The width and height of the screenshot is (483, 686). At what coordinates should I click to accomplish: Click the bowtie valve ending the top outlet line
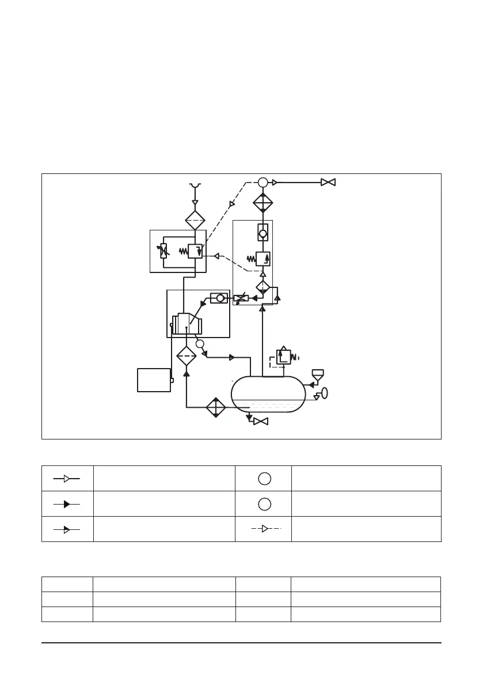click(x=328, y=183)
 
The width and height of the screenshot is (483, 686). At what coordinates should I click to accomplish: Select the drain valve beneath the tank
click(x=261, y=422)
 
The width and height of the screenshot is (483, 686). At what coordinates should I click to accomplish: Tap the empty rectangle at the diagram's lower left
click(x=154, y=380)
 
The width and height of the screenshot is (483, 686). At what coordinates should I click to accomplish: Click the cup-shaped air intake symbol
click(x=195, y=185)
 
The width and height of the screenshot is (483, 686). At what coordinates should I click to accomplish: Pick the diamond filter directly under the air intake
click(x=195, y=220)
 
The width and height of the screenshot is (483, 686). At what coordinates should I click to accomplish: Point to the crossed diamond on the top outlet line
click(x=263, y=203)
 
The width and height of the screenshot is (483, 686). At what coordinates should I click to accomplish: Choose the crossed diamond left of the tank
click(x=216, y=407)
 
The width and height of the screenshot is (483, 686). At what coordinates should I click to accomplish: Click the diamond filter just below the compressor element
click(x=186, y=357)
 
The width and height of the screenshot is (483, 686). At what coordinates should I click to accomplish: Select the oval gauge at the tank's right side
click(x=324, y=393)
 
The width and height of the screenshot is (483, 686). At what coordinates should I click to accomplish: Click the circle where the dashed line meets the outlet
click(x=263, y=183)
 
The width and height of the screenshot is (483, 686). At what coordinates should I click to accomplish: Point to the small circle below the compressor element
click(x=200, y=344)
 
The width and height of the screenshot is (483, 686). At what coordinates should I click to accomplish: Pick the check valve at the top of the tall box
click(x=263, y=233)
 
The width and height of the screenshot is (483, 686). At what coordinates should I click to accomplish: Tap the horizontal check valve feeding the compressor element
click(x=219, y=298)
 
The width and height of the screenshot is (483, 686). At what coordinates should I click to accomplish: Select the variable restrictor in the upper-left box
click(x=163, y=251)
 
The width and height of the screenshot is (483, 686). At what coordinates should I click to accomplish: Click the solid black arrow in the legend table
click(x=67, y=503)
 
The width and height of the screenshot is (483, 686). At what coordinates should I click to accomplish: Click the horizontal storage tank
click(x=268, y=395)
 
